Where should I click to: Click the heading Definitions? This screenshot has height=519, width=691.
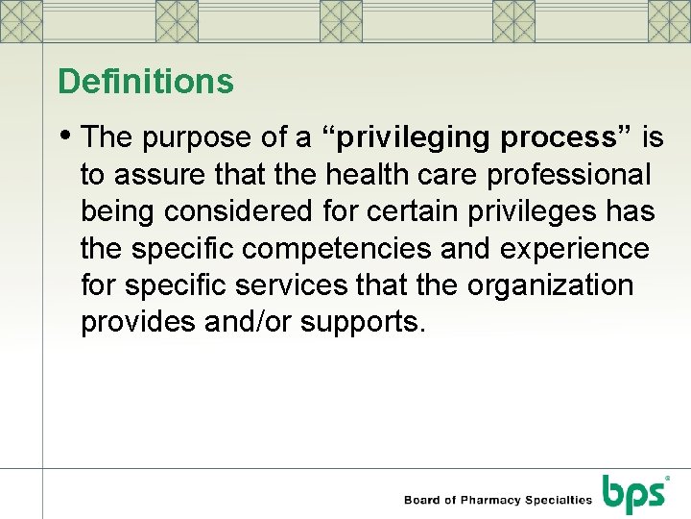pyautogui.click(x=145, y=82)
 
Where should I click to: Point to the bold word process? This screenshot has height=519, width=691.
pyautogui.click(x=564, y=138)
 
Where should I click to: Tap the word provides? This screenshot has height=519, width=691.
pyautogui.click(x=138, y=322)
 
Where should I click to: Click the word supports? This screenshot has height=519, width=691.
pyautogui.click(x=361, y=322)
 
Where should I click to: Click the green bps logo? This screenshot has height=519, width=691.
pyautogui.click(x=633, y=493)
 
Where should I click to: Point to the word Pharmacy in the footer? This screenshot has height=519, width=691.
pyautogui.click(x=492, y=500)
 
